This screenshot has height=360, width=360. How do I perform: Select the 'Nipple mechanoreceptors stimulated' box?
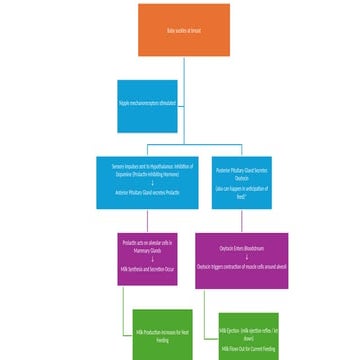(x=147, y=105)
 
